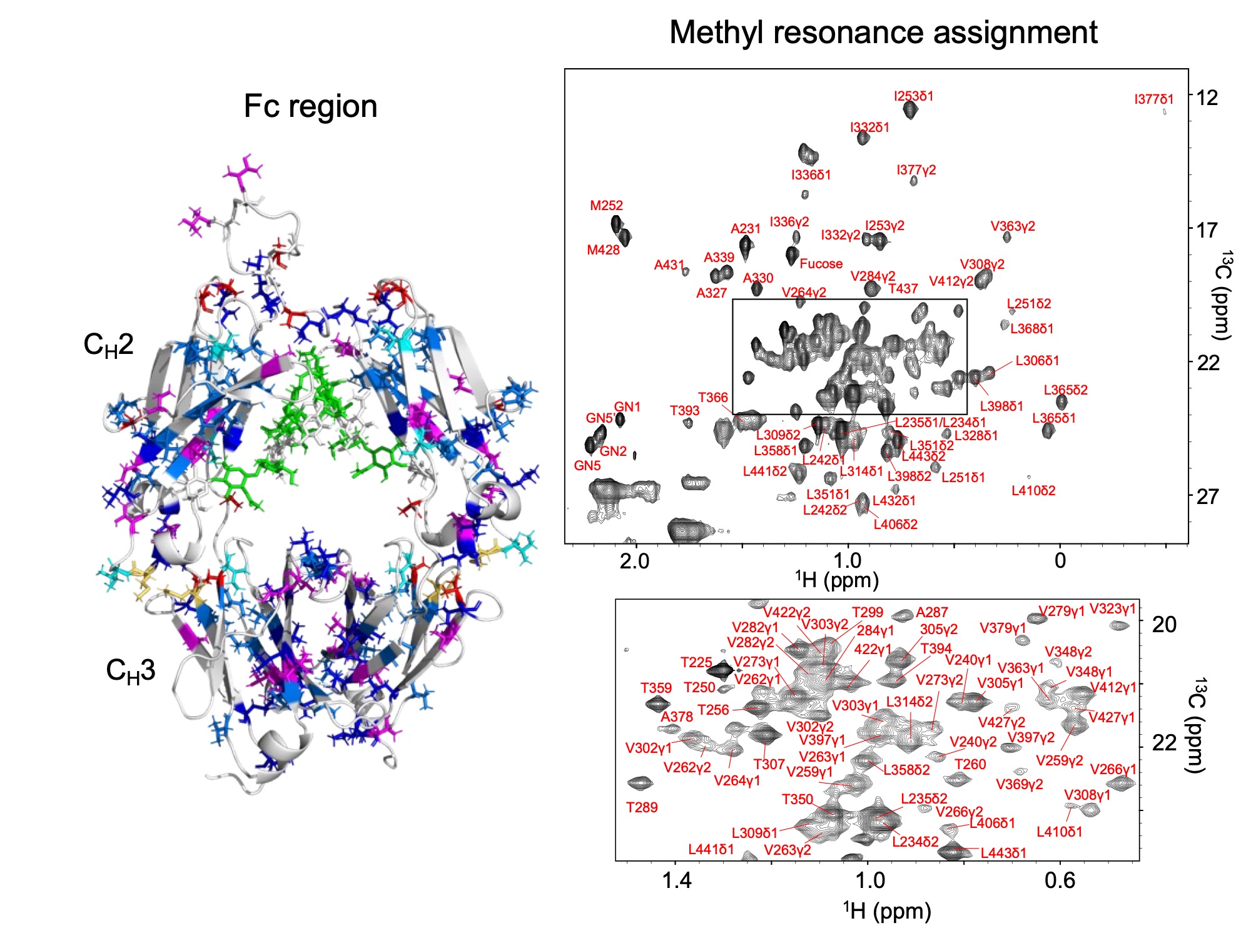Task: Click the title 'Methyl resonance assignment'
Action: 883,33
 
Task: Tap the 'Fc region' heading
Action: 310,106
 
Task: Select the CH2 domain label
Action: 108,345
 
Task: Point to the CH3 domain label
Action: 130,671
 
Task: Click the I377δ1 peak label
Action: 1154,99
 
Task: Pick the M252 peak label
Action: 606,206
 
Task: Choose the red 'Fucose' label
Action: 821,264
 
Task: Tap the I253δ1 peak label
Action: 913,96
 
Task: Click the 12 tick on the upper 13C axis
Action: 1207,98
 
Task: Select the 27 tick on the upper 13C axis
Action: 1207,497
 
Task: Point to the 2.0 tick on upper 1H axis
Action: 635,561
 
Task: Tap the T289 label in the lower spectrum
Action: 642,808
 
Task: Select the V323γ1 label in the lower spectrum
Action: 1112,609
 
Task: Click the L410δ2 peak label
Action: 1033,491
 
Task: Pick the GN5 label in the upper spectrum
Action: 587,466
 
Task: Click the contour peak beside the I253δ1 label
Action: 911,110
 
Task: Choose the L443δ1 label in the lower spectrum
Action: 1003,853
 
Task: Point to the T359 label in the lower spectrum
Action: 656,688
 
